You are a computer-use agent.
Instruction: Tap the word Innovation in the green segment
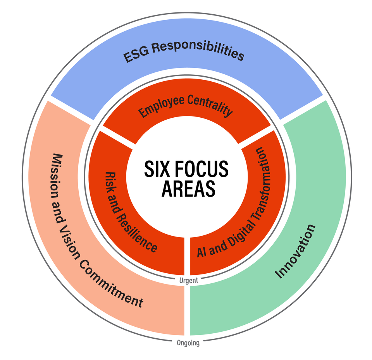[296, 251]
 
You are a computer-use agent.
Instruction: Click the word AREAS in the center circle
[188, 189]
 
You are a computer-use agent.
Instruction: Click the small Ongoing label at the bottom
[188, 343]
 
